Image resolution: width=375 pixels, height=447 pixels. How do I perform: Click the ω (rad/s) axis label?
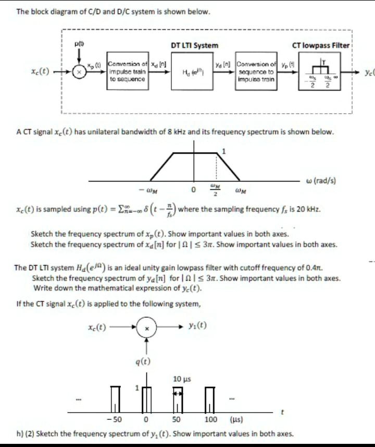click(320, 180)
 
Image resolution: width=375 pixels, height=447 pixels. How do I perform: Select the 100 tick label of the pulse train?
click(211, 419)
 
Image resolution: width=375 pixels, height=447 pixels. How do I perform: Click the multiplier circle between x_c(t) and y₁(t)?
click(147, 328)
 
